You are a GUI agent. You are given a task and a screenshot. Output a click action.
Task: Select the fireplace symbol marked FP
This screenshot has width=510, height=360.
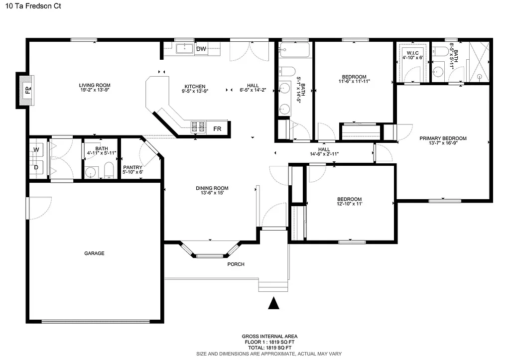(28, 91)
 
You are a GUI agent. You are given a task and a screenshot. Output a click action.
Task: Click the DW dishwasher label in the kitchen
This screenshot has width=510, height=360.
(201, 49)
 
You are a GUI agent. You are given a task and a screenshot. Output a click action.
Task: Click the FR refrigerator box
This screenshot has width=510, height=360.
(217, 128)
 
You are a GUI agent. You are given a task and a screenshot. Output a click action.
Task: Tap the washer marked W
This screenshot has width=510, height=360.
(36, 149)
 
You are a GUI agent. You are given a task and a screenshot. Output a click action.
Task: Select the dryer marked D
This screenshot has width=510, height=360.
(36, 167)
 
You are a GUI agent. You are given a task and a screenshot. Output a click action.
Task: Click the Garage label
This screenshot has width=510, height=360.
(94, 253)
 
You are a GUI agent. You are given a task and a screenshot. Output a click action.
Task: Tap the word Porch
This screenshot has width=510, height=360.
(236, 264)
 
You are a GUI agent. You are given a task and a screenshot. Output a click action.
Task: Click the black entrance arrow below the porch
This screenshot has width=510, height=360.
(273, 303)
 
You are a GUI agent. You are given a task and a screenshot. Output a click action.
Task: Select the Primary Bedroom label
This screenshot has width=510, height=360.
(443, 138)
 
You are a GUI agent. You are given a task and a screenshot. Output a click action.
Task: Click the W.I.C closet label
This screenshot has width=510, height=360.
(412, 53)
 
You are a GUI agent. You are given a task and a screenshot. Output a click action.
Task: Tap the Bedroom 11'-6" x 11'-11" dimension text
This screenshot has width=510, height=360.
(354, 81)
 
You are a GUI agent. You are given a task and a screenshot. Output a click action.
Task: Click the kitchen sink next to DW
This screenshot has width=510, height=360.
(185, 48)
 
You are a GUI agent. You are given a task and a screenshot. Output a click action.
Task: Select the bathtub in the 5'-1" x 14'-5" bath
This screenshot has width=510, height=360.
(294, 50)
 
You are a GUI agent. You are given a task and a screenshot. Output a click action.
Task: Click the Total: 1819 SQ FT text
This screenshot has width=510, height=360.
(269, 348)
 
